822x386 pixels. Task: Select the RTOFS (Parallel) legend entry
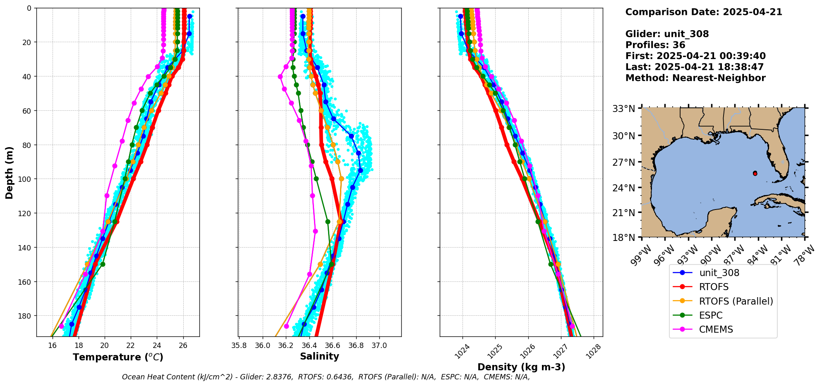pos(736,301)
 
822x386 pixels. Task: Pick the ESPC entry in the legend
pos(711,316)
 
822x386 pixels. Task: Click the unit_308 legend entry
pos(719,273)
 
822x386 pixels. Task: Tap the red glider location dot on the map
pos(755,173)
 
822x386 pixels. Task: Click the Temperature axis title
pos(118,357)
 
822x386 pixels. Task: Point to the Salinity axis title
pos(319,356)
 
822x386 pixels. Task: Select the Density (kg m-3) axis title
pos(521,367)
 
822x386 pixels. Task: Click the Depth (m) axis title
pos(9,172)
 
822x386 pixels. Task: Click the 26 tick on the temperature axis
pos(183,345)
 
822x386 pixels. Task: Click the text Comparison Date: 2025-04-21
pos(704,12)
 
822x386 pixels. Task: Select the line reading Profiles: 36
pos(655,45)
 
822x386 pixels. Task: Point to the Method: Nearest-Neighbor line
pos(695,78)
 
